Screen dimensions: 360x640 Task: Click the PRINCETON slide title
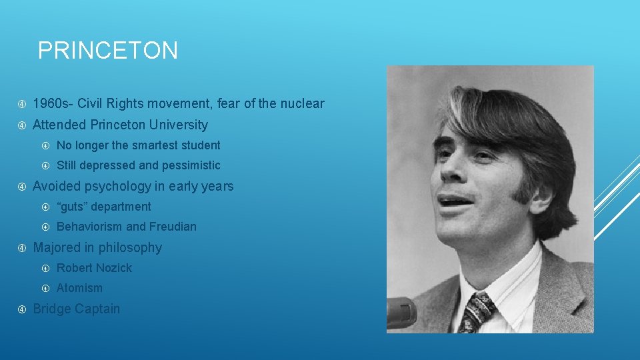(108, 51)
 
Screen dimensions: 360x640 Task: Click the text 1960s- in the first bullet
(53, 103)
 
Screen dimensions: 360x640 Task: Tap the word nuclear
(301, 103)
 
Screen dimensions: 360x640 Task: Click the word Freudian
(173, 227)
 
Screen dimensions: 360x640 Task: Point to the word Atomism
(79, 288)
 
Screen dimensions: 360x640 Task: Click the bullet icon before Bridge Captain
(22, 309)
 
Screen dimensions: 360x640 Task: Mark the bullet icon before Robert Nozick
(45, 268)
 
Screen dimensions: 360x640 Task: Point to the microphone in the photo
(401, 312)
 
